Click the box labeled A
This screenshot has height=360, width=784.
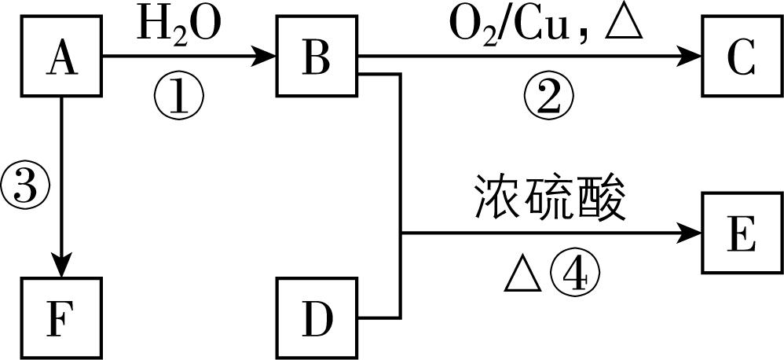point(61,57)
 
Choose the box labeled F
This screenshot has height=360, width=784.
point(61,318)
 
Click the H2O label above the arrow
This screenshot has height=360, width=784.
point(180,26)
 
